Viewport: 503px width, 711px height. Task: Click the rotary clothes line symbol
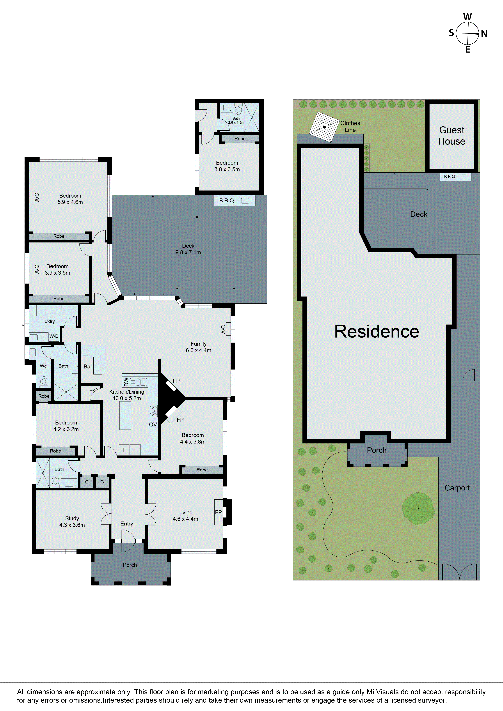(x=324, y=127)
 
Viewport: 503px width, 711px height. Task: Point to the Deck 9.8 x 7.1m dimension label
(x=188, y=249)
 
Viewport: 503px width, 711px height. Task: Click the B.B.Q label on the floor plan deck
(x=226, y=200)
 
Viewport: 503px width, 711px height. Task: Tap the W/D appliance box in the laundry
(x=54, y=336)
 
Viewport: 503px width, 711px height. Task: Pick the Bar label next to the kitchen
(x=88, y=367)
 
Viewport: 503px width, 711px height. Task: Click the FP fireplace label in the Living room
(x=218, y=513)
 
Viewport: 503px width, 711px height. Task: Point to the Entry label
(x=127, y=524)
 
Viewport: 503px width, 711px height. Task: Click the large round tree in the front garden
(x=418, y=508)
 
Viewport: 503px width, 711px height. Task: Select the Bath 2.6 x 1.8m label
(x=236, y=120)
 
